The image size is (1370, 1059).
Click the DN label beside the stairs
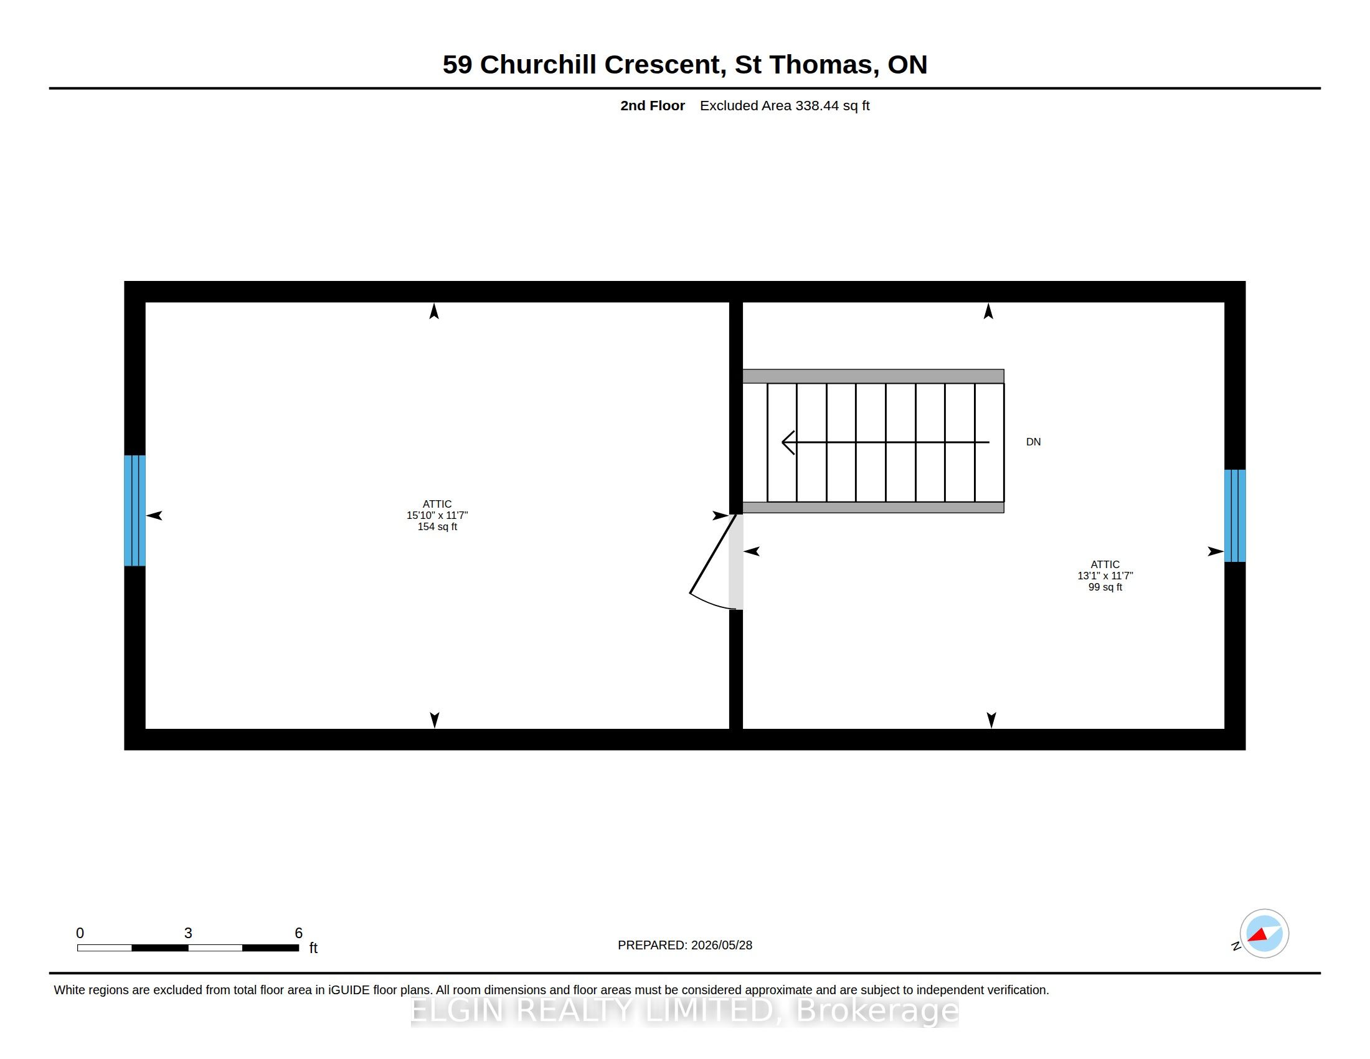point(1033,442)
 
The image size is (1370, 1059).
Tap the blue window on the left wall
point(135,510)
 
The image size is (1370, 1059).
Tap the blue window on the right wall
point(1234,515)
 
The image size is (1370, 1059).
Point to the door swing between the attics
point(713,562)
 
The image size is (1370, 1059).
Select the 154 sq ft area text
point(437,526)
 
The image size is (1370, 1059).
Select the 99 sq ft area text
point(1105,587)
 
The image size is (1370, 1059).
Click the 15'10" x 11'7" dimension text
point(437,515)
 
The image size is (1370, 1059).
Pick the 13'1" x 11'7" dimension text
point(1105,576)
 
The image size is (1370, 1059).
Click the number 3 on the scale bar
point(188,933)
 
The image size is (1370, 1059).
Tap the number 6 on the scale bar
point(298,933)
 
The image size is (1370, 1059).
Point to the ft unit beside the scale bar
point(313,948)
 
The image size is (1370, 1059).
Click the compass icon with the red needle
point(1264,934)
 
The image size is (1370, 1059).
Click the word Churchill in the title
point(537,65)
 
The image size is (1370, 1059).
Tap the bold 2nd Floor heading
point(653,105)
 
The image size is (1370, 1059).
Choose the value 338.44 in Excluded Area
point(817,105)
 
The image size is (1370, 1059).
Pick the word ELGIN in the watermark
point(457,1010)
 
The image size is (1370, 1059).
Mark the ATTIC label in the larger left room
point(437,504)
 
